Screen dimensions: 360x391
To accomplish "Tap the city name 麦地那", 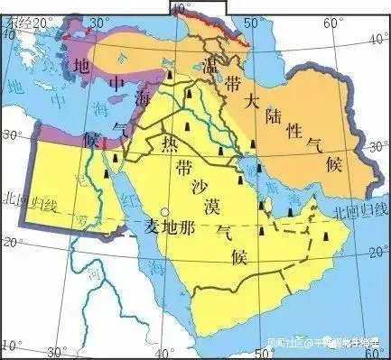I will pos(169,225).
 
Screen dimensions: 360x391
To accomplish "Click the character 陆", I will pos(272,115).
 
